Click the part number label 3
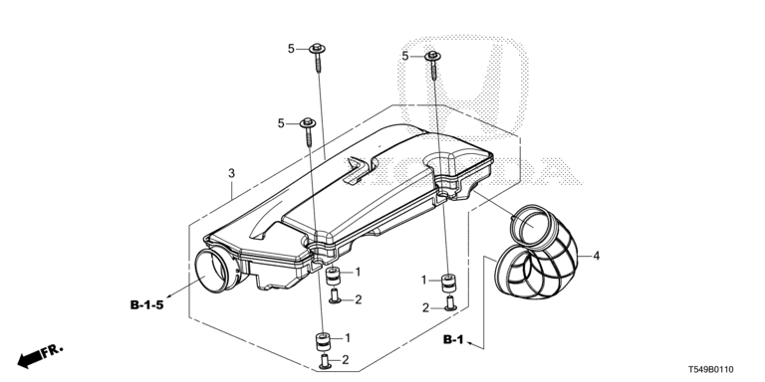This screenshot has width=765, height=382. (231, 173)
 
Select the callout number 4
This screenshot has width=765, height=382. (597, 256)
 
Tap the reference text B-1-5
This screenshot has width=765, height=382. (146, 305)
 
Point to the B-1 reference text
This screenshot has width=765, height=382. (453, 340)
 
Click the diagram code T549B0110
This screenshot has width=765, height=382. (711, 370)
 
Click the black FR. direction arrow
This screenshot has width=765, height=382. (29, 360)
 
